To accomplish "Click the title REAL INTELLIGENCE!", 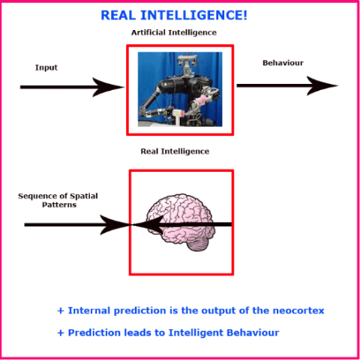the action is point(174,15).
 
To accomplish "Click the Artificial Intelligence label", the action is point(174,32).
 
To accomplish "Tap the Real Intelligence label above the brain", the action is point(175,151).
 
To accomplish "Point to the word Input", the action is point(46,67).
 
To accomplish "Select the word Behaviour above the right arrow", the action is point(283,63).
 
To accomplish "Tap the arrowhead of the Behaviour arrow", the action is point(322,85).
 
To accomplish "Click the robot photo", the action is point(180,89).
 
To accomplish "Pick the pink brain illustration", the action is point(181,223).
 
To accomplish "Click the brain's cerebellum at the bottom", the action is point(197,244).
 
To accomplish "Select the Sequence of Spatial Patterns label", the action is point(58,200).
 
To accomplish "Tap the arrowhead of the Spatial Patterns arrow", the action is point(115,225).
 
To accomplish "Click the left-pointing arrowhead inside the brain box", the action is point(148,224).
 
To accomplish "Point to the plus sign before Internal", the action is point(61,310).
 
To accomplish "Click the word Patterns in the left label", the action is point(59,205).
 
